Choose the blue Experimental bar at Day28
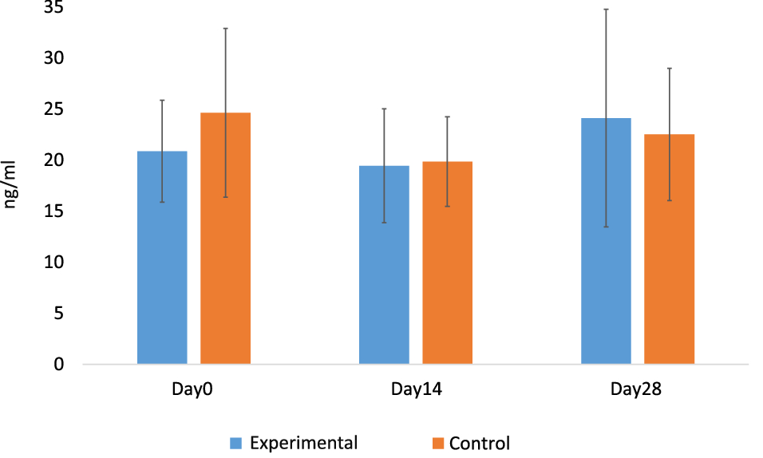pos(606,240)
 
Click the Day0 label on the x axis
pos(193,390)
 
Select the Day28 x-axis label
pos(637,390)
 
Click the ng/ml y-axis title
pos(11,186)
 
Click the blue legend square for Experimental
pos(236,443)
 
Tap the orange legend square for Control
pos(437,443)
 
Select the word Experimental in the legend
pos(302,443)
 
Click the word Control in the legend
pos(479,443)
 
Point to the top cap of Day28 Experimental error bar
pos(606,9)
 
